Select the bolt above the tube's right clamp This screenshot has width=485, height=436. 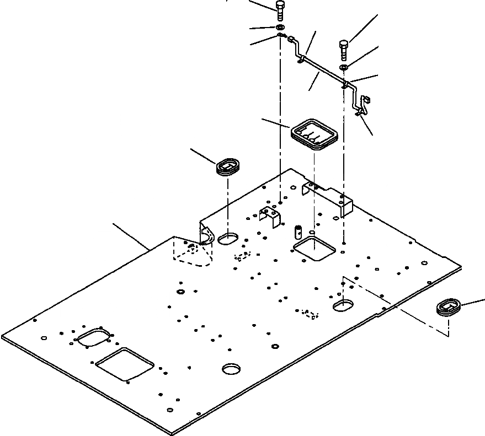pos(343,49)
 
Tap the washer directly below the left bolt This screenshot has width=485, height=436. pos(280,27)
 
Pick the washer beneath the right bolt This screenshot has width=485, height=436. pos(344,67)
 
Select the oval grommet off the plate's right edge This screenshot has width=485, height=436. pos(449,307)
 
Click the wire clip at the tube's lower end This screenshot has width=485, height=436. pos(364,106)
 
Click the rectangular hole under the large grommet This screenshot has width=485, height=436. pos(314,249)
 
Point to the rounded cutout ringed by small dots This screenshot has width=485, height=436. pos(94,338)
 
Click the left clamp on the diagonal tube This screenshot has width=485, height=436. pos(301,57)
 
